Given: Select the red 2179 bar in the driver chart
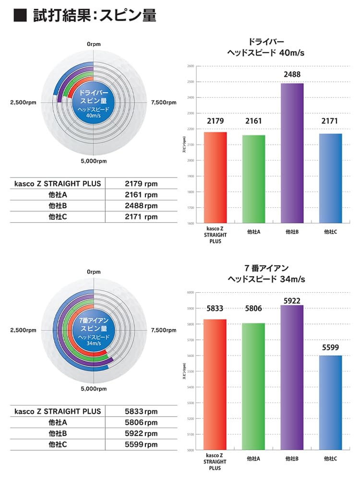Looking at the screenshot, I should click(215, 178).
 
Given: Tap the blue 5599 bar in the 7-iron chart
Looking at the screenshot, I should click(330, 403).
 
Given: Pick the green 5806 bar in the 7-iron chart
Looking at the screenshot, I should click(253, 386).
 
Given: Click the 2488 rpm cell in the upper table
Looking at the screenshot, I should click(141, 205).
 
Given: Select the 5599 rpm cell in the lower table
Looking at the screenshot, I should click(141, 444).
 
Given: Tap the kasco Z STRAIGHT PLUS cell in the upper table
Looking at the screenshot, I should click(58, 183).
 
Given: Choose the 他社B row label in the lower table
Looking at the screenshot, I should click(58, 433).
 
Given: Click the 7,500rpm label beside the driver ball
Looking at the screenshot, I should click(164, 102).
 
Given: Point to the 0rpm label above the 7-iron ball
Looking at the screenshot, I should click(94, 272).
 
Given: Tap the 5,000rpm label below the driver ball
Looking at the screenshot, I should click(94, 161).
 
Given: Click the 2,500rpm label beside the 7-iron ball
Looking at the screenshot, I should click(23, 331).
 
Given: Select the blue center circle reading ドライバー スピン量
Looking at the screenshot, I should click(94, 102).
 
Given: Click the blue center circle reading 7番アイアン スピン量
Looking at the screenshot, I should click(94, 330).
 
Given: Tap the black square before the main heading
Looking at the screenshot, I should click(20, 15).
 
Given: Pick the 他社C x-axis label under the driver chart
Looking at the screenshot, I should click(330, 232).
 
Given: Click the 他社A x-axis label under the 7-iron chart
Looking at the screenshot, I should click(253, 459).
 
